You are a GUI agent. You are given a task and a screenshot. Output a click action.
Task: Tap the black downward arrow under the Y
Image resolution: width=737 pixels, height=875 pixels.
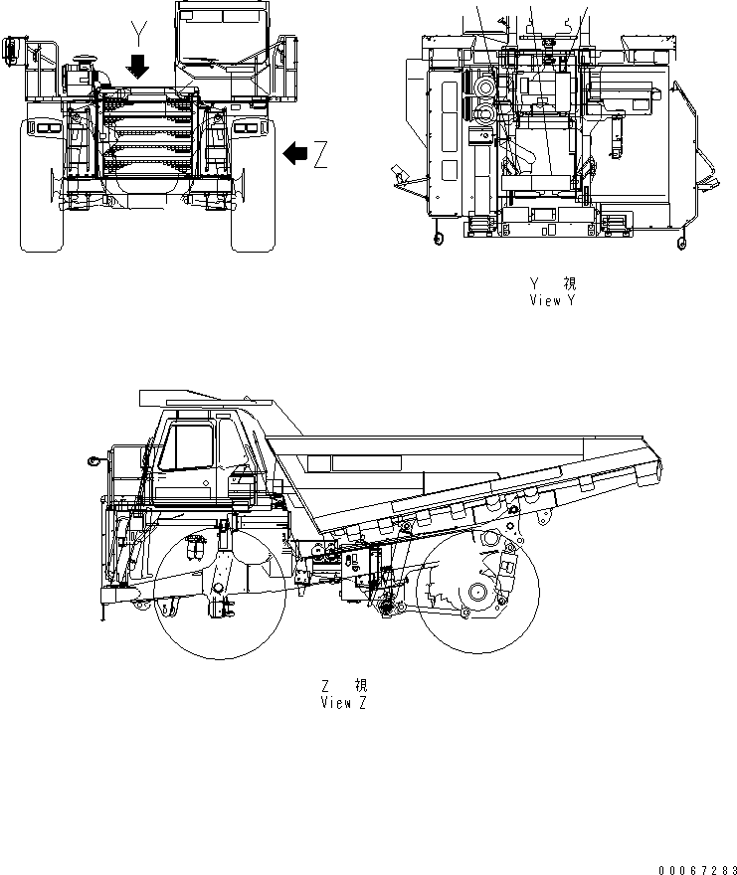tap(139, 67)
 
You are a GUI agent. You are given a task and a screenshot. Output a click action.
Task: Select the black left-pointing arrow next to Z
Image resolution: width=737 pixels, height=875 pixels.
tap(295, 153)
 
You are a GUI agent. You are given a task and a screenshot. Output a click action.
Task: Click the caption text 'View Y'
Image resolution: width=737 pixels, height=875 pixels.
tap(552, 299)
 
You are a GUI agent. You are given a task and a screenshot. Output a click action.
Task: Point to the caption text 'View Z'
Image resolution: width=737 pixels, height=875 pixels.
tap(343, 703)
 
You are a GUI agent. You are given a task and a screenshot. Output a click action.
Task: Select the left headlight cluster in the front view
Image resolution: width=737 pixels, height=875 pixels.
tap(44, 126)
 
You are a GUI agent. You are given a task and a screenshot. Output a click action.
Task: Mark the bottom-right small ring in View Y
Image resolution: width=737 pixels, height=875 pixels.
tap(680, 242)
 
